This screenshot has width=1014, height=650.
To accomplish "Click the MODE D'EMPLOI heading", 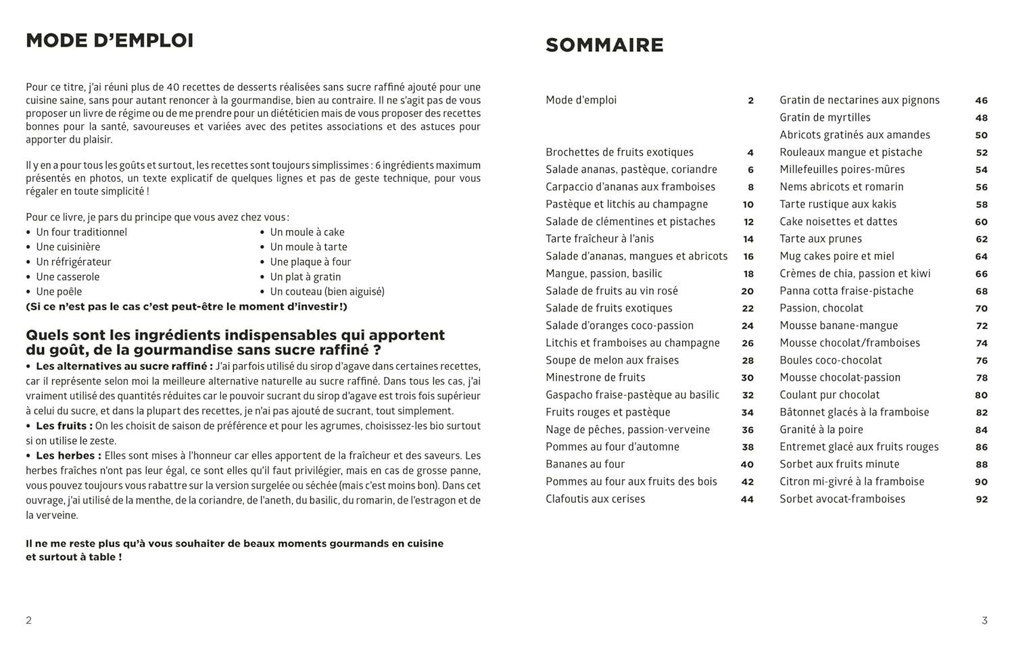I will (x=110, y=41).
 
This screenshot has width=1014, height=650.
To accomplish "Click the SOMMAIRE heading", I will (x=604, y=45).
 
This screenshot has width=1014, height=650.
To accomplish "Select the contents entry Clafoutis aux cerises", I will (x=595, y=499).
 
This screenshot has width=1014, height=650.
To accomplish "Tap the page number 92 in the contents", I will (x=981, y=500).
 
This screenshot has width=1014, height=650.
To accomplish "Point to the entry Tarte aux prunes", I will (x=820, y=239).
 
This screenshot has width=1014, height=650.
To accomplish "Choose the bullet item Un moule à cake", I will (x=307, y=232).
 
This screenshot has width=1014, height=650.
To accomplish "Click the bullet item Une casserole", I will (x=68, y=277).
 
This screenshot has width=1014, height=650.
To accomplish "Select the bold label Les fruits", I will (x=64, y=426).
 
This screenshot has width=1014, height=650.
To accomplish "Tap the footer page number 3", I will (x=984, y=620).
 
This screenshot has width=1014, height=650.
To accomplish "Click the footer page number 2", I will (x=28, y=620).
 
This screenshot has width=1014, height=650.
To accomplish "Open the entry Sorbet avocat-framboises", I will (x=842, y=499).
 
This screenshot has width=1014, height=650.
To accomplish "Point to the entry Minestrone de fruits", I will (x=595, y=378).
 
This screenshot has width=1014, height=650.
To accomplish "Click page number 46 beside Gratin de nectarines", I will (x=981, y=101).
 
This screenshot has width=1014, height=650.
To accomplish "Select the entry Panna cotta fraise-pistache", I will (x=846, y=291).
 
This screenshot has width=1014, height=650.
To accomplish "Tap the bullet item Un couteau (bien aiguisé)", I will (x=327, y=292).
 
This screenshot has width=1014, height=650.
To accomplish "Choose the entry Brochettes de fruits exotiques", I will (x=619, y=153).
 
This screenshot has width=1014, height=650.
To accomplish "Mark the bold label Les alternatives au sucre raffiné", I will (x=124, y=367).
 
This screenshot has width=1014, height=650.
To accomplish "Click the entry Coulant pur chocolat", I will (x=829, y=395).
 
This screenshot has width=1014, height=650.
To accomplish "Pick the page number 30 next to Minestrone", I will (x=747, y=378).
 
